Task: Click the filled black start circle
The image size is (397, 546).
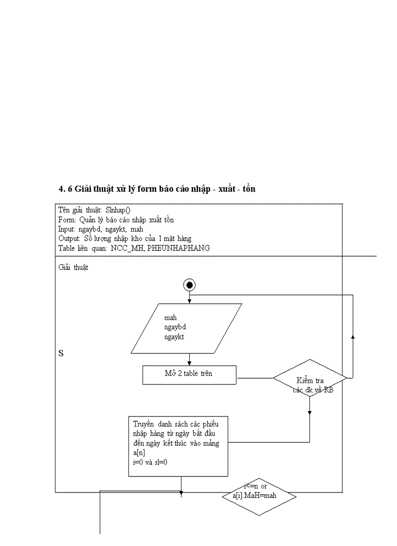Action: tap(189, 285)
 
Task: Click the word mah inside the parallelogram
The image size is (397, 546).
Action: tap(170, 317)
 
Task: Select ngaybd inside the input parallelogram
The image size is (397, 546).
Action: tap(175, 327)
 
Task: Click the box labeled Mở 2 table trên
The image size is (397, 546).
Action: tap(189, 375)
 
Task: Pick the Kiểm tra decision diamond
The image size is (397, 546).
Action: tap(309, 378)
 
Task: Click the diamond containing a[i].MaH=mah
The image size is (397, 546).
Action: tap(259, 496)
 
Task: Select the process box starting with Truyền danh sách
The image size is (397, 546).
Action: tap(179, 446)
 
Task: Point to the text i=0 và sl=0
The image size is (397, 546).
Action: tap(150, 462)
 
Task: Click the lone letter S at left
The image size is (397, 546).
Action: tap(61, 353)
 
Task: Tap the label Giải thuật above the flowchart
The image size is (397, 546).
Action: tap(73, 267)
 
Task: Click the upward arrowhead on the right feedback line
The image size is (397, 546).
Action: tap(353, 337)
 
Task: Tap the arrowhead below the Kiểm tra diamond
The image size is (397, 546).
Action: tap(309, 413)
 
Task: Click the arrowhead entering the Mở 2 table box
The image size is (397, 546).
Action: tap(189, 363)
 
